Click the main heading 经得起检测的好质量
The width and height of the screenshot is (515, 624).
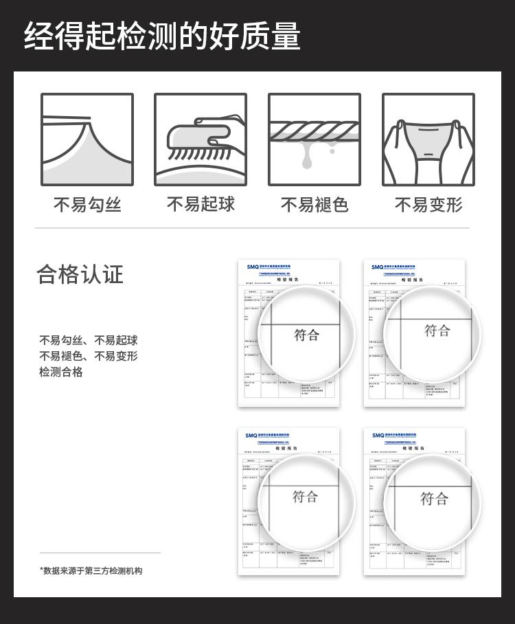coord(163,36)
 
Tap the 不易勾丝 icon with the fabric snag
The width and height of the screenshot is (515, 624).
coord(87,140)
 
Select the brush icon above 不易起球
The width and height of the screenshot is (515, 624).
coord(201,140)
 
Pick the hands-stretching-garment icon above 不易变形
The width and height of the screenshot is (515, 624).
coord(428,140)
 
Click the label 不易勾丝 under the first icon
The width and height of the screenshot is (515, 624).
coord(87,205)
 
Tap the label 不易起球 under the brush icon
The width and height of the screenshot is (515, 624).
coord(201,205)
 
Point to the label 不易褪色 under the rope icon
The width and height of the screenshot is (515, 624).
coord(314,205)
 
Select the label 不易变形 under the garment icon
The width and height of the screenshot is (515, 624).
coord(428,205)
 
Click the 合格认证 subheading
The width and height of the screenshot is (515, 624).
coord(80,274)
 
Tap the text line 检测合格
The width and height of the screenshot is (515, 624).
coord(60,372)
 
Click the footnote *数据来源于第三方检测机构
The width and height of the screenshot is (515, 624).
coord(91,570)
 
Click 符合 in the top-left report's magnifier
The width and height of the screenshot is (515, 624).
coord(307,335)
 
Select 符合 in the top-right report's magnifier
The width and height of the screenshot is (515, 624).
coord(437,331)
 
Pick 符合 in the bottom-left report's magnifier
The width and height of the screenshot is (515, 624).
coord(306,496)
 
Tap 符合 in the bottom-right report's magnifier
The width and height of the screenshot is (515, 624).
coord(434,498)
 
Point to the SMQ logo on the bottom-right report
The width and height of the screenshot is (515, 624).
coord(378,436)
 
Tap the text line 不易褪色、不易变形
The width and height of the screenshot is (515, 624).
coord(88,356)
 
